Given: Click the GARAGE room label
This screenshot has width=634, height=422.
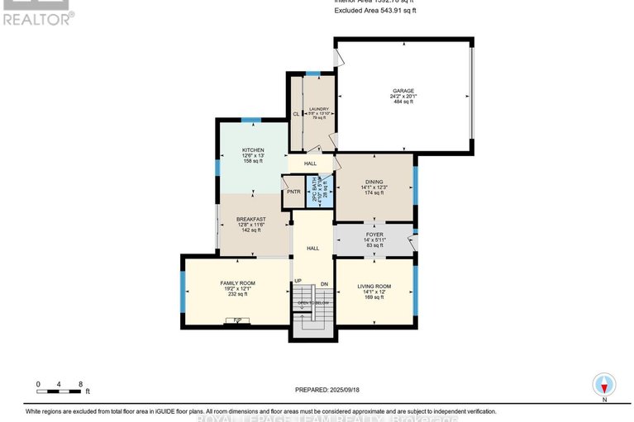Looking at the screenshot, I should click(403, 91).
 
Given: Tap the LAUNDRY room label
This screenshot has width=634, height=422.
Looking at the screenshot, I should click(319, 109).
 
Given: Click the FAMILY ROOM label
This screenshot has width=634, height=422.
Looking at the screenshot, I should click(237, 282).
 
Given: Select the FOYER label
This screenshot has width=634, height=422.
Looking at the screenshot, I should click(374, 235).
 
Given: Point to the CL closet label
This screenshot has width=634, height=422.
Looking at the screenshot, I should click(295, 114).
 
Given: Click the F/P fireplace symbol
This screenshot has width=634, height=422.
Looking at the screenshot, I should click(237, 320).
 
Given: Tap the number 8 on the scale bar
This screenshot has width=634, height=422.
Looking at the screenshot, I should click(80, 384).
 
